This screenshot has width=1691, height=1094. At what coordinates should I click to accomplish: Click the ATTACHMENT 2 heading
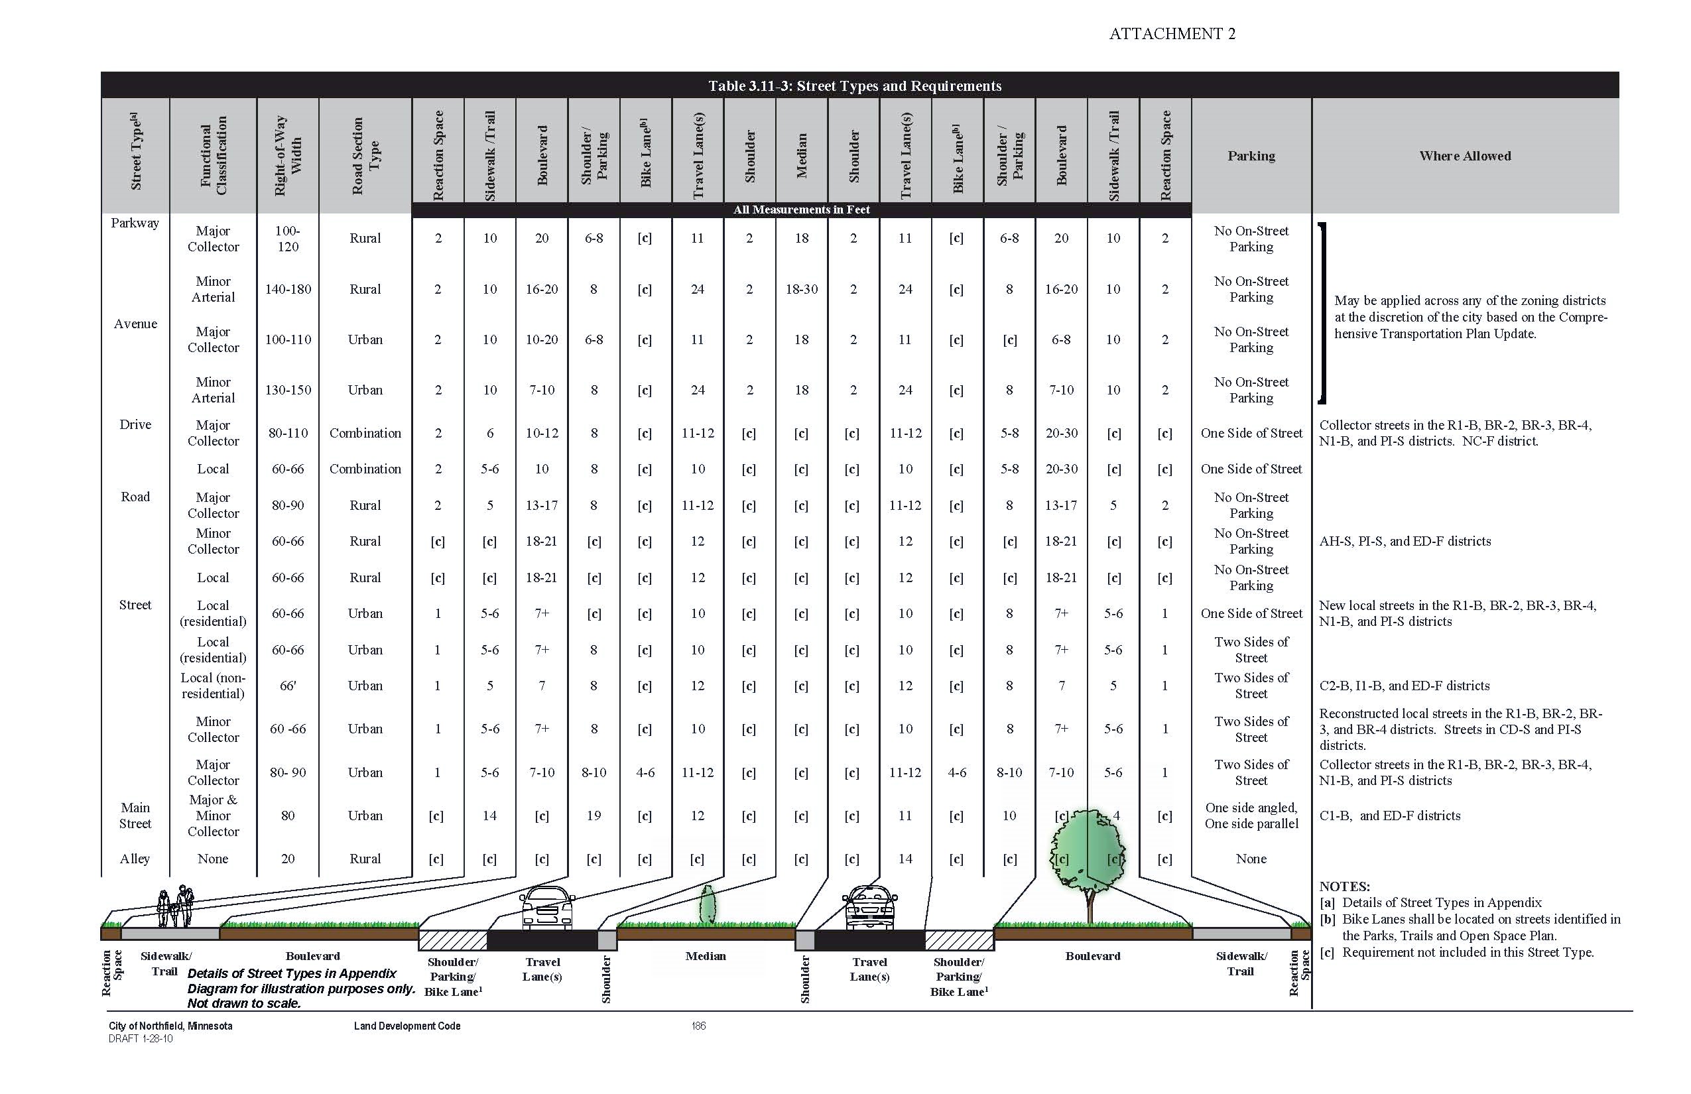(1172, 34)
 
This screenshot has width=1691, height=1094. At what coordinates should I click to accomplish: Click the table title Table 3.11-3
(854, 86)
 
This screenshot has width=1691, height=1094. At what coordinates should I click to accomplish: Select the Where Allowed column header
(1464, 156)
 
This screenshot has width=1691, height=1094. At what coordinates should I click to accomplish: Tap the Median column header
(802, 156)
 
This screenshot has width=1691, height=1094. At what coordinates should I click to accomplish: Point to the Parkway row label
(135, 223)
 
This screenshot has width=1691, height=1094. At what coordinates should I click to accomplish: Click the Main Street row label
(135, 816)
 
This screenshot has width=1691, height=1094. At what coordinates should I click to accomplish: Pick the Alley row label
(135, 859)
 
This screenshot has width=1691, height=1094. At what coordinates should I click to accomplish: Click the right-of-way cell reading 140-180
(288, 289)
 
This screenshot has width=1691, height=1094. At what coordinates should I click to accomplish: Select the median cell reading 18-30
(802, 289)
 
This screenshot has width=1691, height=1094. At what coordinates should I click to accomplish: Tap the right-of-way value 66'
(288, 686)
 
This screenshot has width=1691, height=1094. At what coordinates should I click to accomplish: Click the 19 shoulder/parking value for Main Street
(594, 816)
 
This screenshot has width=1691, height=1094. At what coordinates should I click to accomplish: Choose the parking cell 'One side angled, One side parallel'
(1251, 816)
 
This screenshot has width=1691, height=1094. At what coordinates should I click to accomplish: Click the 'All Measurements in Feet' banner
(802, 210)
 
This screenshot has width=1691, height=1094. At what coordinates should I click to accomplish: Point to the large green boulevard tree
(1087, 853)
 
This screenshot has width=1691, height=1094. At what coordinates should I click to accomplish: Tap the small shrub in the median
(708, 905)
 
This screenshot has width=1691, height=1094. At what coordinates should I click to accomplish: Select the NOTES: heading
(1344, 886)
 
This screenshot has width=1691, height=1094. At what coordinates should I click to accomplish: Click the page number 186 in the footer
(698, 1026)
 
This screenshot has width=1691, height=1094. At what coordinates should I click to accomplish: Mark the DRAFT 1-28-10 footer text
(141, 1038)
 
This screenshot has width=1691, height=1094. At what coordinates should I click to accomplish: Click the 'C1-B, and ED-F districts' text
(1390, 816)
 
